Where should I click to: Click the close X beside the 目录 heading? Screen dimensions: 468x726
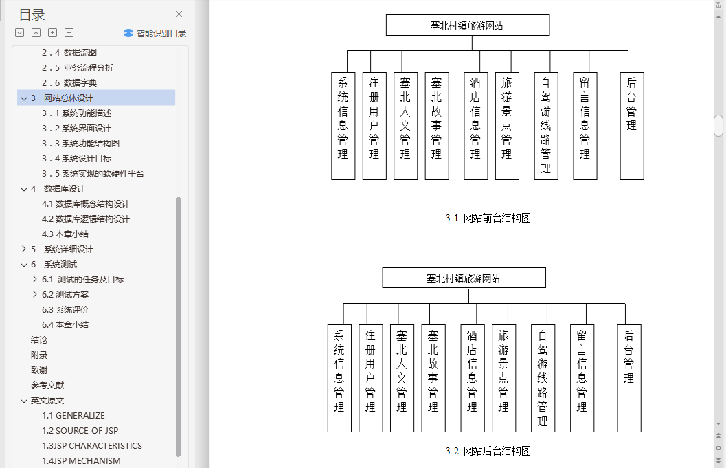pos(179,14)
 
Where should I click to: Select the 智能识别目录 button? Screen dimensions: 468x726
pos(155,33)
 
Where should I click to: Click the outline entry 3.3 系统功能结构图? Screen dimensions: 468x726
pos(80,144)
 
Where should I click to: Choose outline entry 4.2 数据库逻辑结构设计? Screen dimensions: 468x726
pos(85,219)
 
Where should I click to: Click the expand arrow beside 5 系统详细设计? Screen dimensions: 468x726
pos(23,249)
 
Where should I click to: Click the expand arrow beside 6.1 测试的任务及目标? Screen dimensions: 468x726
pos(35,280)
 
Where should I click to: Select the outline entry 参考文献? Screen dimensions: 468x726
pos(47,386)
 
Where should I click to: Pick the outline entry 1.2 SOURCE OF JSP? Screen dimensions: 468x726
pos(80,431)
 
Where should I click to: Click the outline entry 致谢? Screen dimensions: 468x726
pos(39,370)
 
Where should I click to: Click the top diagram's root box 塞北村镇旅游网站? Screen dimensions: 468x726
pos(467,25)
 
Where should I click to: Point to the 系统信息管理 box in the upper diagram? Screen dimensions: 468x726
pos(343,126)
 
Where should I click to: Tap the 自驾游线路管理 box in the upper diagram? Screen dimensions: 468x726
pos(545,126)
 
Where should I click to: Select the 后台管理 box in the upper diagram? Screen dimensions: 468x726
pos(631,126)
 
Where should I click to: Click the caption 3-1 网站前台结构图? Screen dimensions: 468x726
pos(488,219)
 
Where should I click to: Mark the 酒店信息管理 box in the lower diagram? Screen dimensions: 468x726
pos(472,378)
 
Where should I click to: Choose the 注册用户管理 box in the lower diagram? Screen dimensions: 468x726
pos(370,378)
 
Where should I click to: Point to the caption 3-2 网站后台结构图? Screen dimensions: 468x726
pos(488,452)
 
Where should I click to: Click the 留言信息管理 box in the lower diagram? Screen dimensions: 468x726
pos(582,378)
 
